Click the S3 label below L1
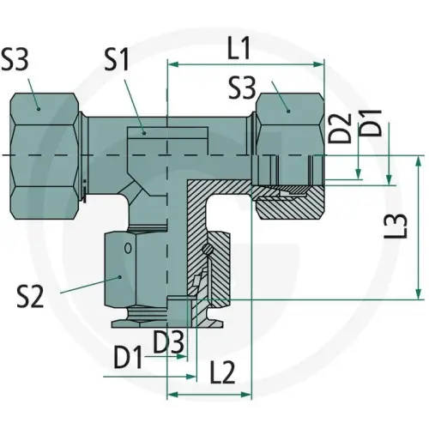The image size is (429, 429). [246, 87]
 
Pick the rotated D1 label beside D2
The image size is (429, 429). [372, 125]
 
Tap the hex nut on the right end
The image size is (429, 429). [289, 116]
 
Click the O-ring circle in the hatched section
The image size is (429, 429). [208, 250]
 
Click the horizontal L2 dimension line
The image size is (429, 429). [209, 394]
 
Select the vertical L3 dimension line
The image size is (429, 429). [420, 227]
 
